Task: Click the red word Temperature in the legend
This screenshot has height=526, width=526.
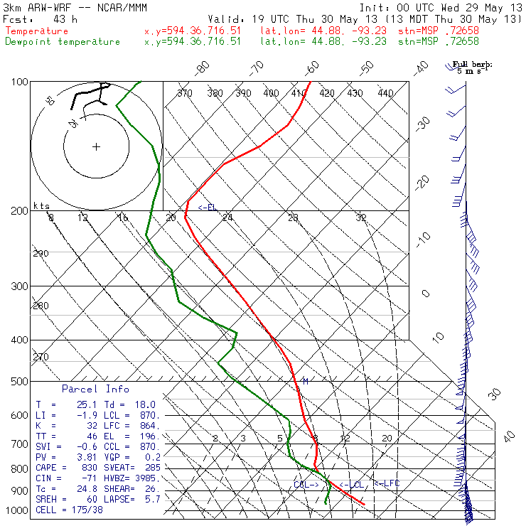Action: point(37,31)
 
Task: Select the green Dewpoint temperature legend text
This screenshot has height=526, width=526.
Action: point(63,41)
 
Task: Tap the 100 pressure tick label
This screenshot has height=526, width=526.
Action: point(20,82)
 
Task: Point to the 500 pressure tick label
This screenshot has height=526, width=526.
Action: point(20,382)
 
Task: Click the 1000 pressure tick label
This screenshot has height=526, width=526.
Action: point(17,510)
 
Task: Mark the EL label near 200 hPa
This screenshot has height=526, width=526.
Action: point(208,208)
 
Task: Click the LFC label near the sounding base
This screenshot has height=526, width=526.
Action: point(387,483)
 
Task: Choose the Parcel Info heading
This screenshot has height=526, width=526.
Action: point(95,389)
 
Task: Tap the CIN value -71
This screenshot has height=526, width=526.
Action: point(77,478)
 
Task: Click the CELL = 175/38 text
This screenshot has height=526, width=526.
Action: point(66,510)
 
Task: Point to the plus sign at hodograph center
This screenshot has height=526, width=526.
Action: point(96,147)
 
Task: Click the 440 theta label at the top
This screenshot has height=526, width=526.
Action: point(385,93)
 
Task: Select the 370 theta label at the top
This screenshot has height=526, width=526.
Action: point(185,93)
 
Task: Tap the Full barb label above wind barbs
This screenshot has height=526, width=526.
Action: point(473,65)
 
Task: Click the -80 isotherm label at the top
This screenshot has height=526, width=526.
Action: point(203,68)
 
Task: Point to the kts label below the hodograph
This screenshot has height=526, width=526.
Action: point(42,205)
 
